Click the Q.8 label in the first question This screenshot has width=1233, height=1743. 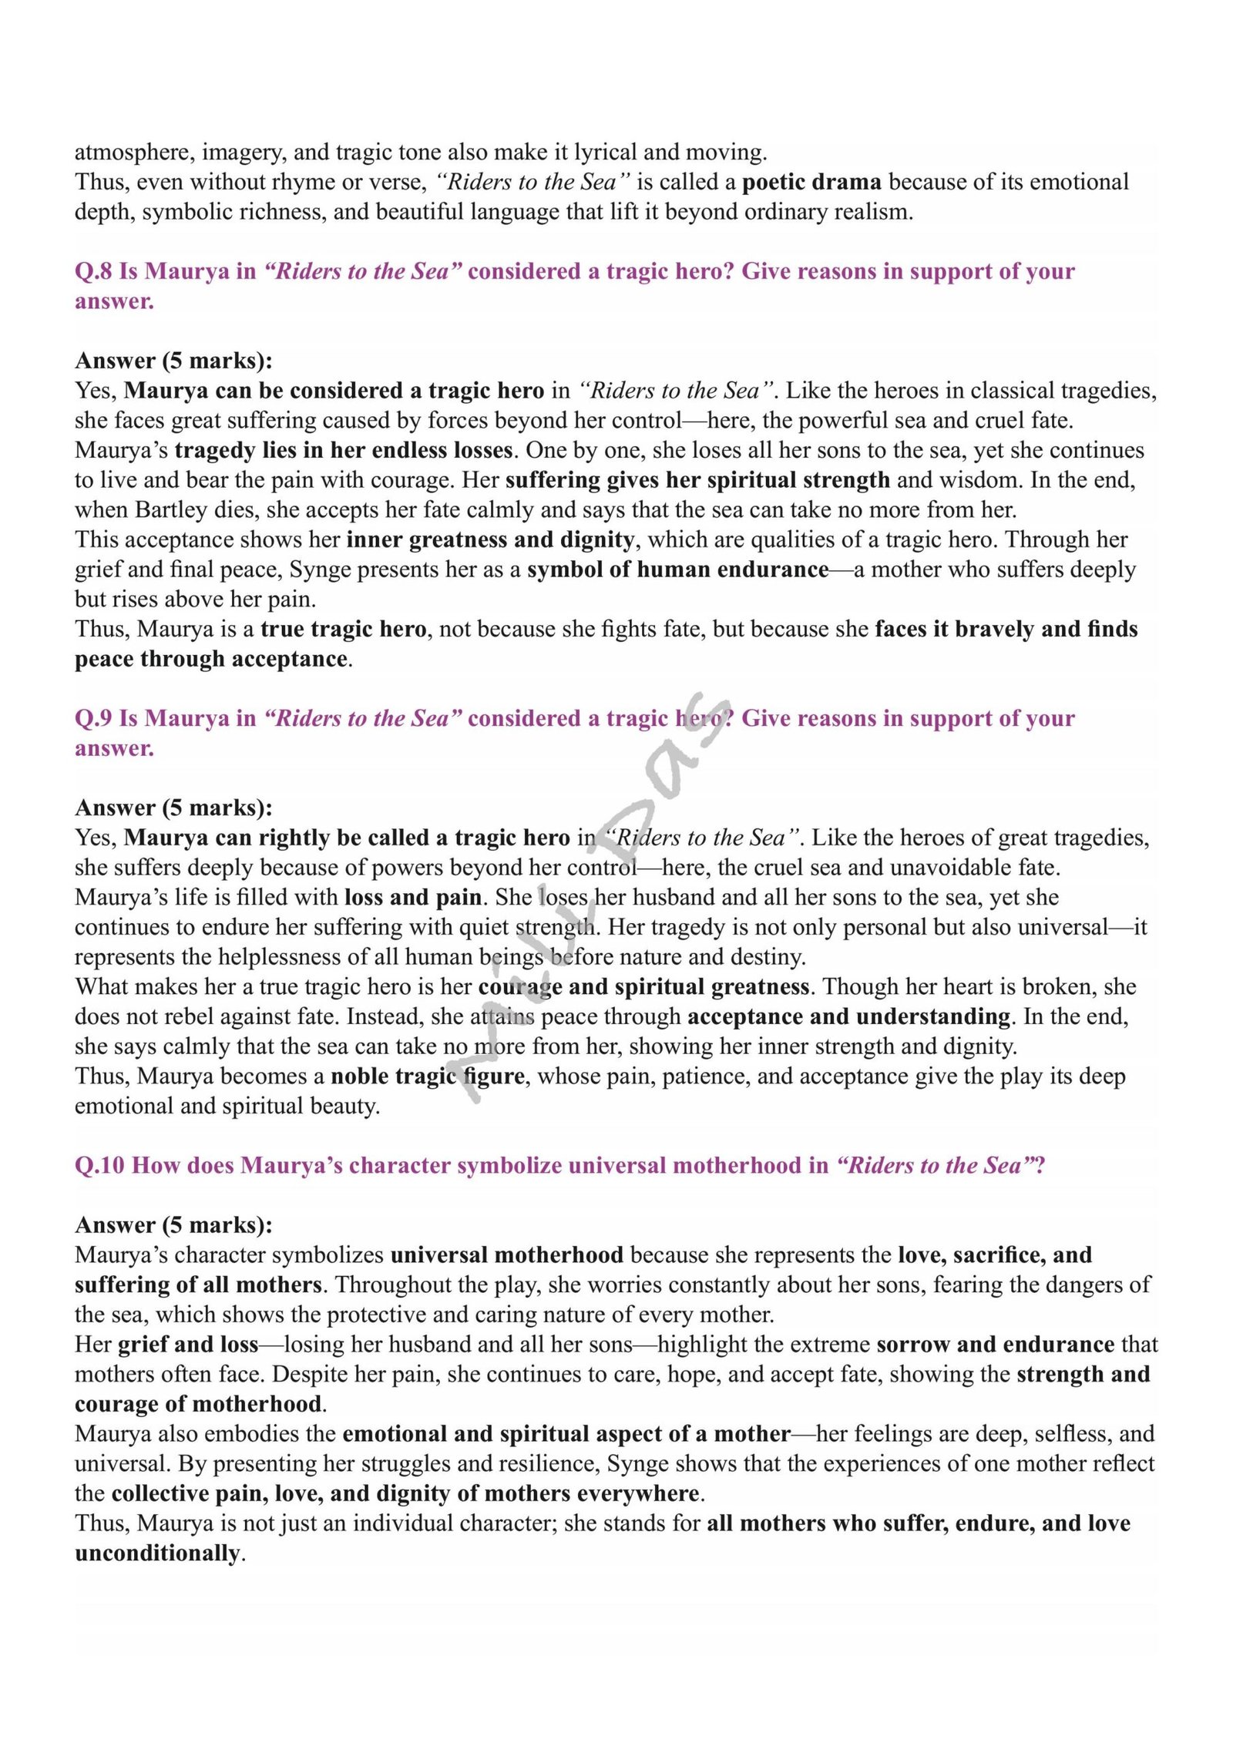(x=93, y=271)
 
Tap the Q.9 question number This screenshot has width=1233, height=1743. (x=93, y=718)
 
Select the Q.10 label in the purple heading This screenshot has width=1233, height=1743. (x=99, y=1165)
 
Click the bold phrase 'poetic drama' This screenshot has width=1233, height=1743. (x=811, y=182)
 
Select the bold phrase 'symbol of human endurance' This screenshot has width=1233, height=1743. (x=677, y=569)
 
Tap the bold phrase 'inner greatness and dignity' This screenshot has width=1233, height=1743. (x=490, y=539)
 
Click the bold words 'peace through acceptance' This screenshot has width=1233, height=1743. (x=211, y=659)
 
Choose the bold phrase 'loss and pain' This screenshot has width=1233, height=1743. (x=413, y=897)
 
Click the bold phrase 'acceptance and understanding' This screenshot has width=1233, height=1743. (x=848, y=1016)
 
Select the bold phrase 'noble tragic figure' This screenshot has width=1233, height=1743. (x=428, y=1076)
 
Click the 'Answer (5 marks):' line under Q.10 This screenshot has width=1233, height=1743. (x=173, y=1225)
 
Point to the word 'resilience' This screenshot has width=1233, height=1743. (x=549, y=1463)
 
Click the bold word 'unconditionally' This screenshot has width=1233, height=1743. (x=157, y=1553)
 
